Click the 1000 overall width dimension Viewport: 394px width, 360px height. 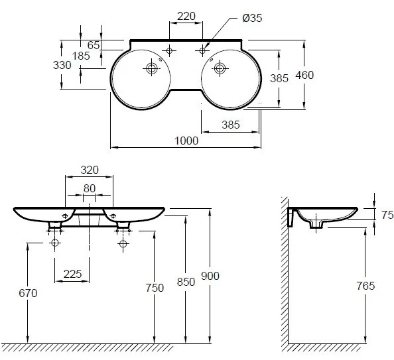click(x=186, y=141)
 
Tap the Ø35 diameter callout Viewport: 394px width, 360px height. click(x=252, y=18)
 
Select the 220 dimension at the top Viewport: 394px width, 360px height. click(x=186, y=17)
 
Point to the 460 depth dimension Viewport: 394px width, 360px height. click(x=304, y=75)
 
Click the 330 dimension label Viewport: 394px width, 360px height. click(x=62, y=66)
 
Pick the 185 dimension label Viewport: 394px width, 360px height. click(x=81, y=56)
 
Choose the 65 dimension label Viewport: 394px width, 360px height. click(x=94, y=45)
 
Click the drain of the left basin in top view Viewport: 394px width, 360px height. click(x=152, y=68)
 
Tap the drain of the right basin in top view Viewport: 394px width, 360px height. click(x=220, y=68)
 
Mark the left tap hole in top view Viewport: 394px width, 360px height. click(x=169, y=51)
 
